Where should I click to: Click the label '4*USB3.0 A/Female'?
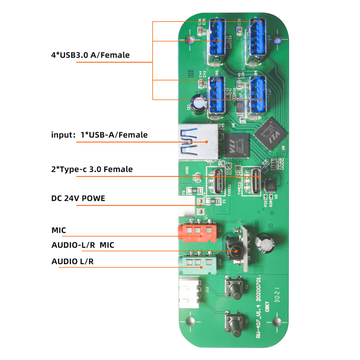click(x=90, y=55)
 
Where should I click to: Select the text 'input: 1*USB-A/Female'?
click(x=99, y=135)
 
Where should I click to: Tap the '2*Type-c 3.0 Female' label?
click(x=92, y=169)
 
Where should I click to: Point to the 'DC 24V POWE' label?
click(x=78, y=198)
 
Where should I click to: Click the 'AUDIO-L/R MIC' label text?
click(x=83, y=245)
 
